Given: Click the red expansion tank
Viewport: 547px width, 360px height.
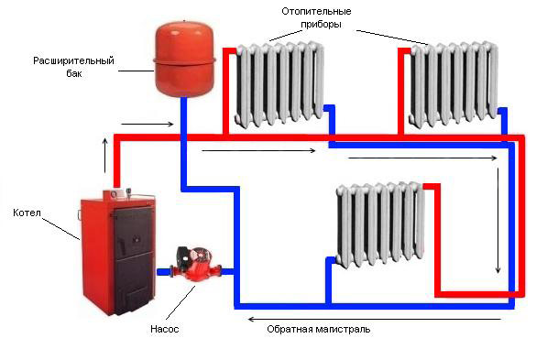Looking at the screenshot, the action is coord(184,59).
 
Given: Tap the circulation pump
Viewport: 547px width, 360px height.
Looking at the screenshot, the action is coord(195,264).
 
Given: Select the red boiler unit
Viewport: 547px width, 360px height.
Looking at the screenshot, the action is coord(117,252).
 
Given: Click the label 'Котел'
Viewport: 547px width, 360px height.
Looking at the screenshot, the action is coord(27,213).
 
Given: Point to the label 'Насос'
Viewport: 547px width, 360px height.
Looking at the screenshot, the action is coord(164,329).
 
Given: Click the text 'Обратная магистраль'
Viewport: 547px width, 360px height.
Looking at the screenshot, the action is coord(319,329).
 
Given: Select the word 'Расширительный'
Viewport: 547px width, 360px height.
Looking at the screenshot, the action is coord(73,61).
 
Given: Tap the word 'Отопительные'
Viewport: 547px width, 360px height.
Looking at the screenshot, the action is coord(316,12).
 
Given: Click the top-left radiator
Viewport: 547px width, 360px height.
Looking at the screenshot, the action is coord(279,83).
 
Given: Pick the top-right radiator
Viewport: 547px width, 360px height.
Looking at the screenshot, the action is coord(453,83).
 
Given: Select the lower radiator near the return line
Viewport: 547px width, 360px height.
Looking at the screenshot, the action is coord(380,224).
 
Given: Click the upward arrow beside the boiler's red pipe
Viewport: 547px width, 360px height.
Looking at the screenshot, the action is coord(105,155).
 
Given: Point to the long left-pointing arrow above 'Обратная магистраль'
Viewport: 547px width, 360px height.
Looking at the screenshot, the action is coord(375,319).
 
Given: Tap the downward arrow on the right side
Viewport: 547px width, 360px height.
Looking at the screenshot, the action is coord(498,221).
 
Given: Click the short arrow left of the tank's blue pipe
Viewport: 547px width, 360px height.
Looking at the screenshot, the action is coord(148,124).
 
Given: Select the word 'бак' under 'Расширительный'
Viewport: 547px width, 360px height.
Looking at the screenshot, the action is coord(74,73).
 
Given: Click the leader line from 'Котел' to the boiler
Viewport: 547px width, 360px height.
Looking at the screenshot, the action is coord(61,229).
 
